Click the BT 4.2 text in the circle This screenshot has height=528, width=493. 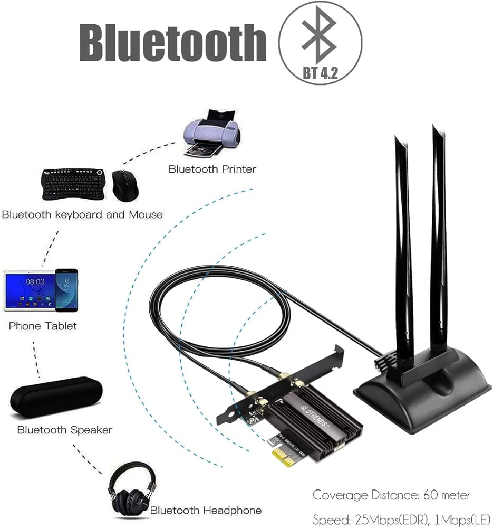pos(320,73)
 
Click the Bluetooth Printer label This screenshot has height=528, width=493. pos(212,169)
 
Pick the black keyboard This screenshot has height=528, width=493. pos(73,185)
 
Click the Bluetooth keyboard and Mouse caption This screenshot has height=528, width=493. pos(82,215)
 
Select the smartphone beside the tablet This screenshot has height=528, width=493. pos(66,290)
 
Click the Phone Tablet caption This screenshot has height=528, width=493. pos(43,326)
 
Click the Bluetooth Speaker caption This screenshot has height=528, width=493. pos(65,430)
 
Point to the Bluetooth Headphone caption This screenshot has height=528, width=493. pos(206,511)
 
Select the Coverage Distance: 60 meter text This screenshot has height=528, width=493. pos(391,495)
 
